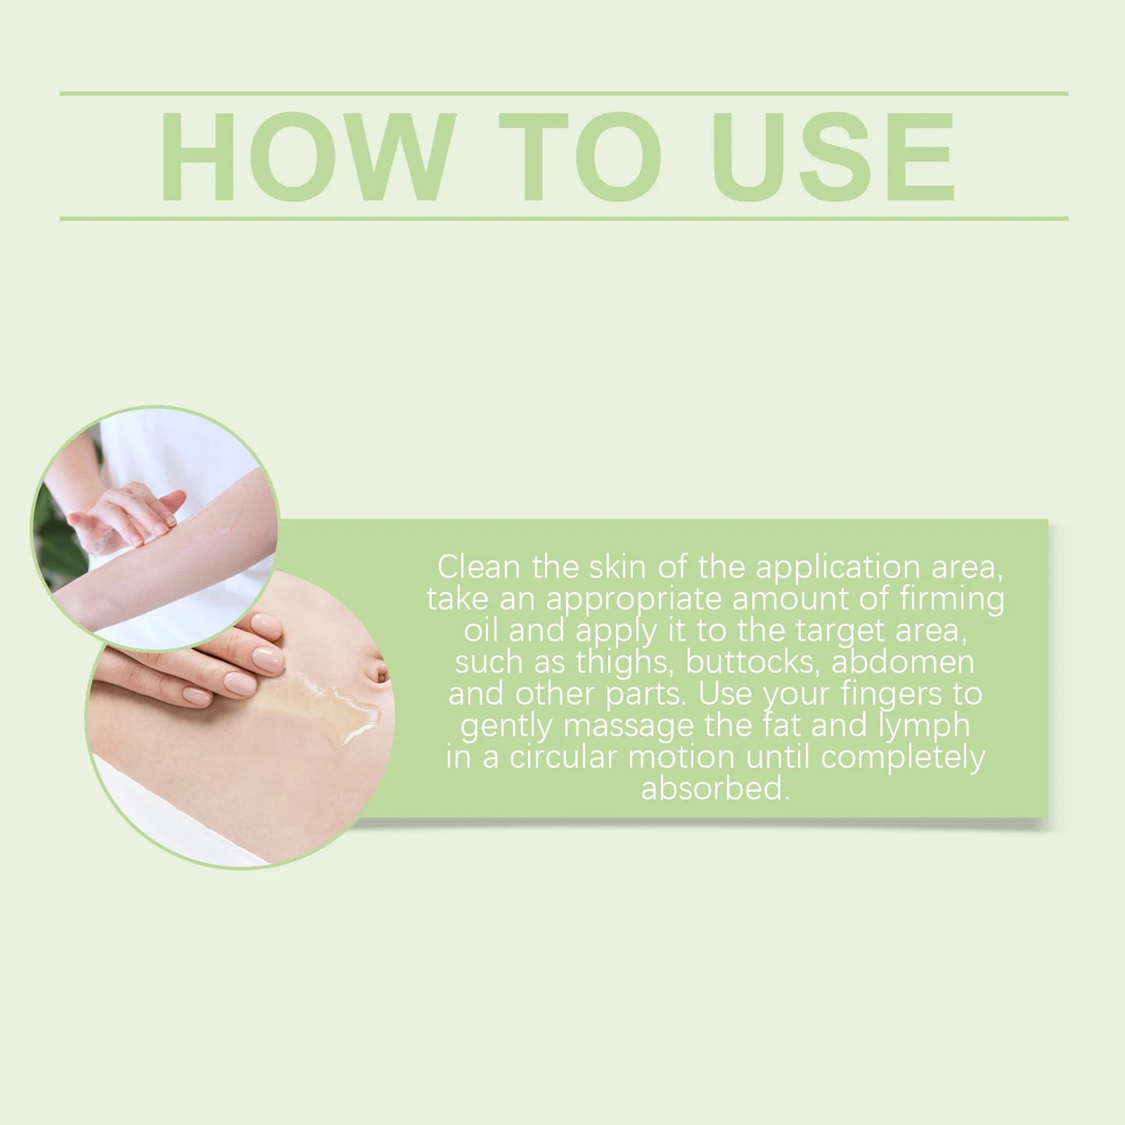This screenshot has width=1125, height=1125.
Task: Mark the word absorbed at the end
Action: point(715,789)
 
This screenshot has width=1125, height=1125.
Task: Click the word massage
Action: point(628,726)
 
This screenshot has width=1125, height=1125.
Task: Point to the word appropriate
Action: point(634,599)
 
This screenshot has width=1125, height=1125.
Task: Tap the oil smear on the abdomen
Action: point(327,701)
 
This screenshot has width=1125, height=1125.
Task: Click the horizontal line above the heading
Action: point(564,93)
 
